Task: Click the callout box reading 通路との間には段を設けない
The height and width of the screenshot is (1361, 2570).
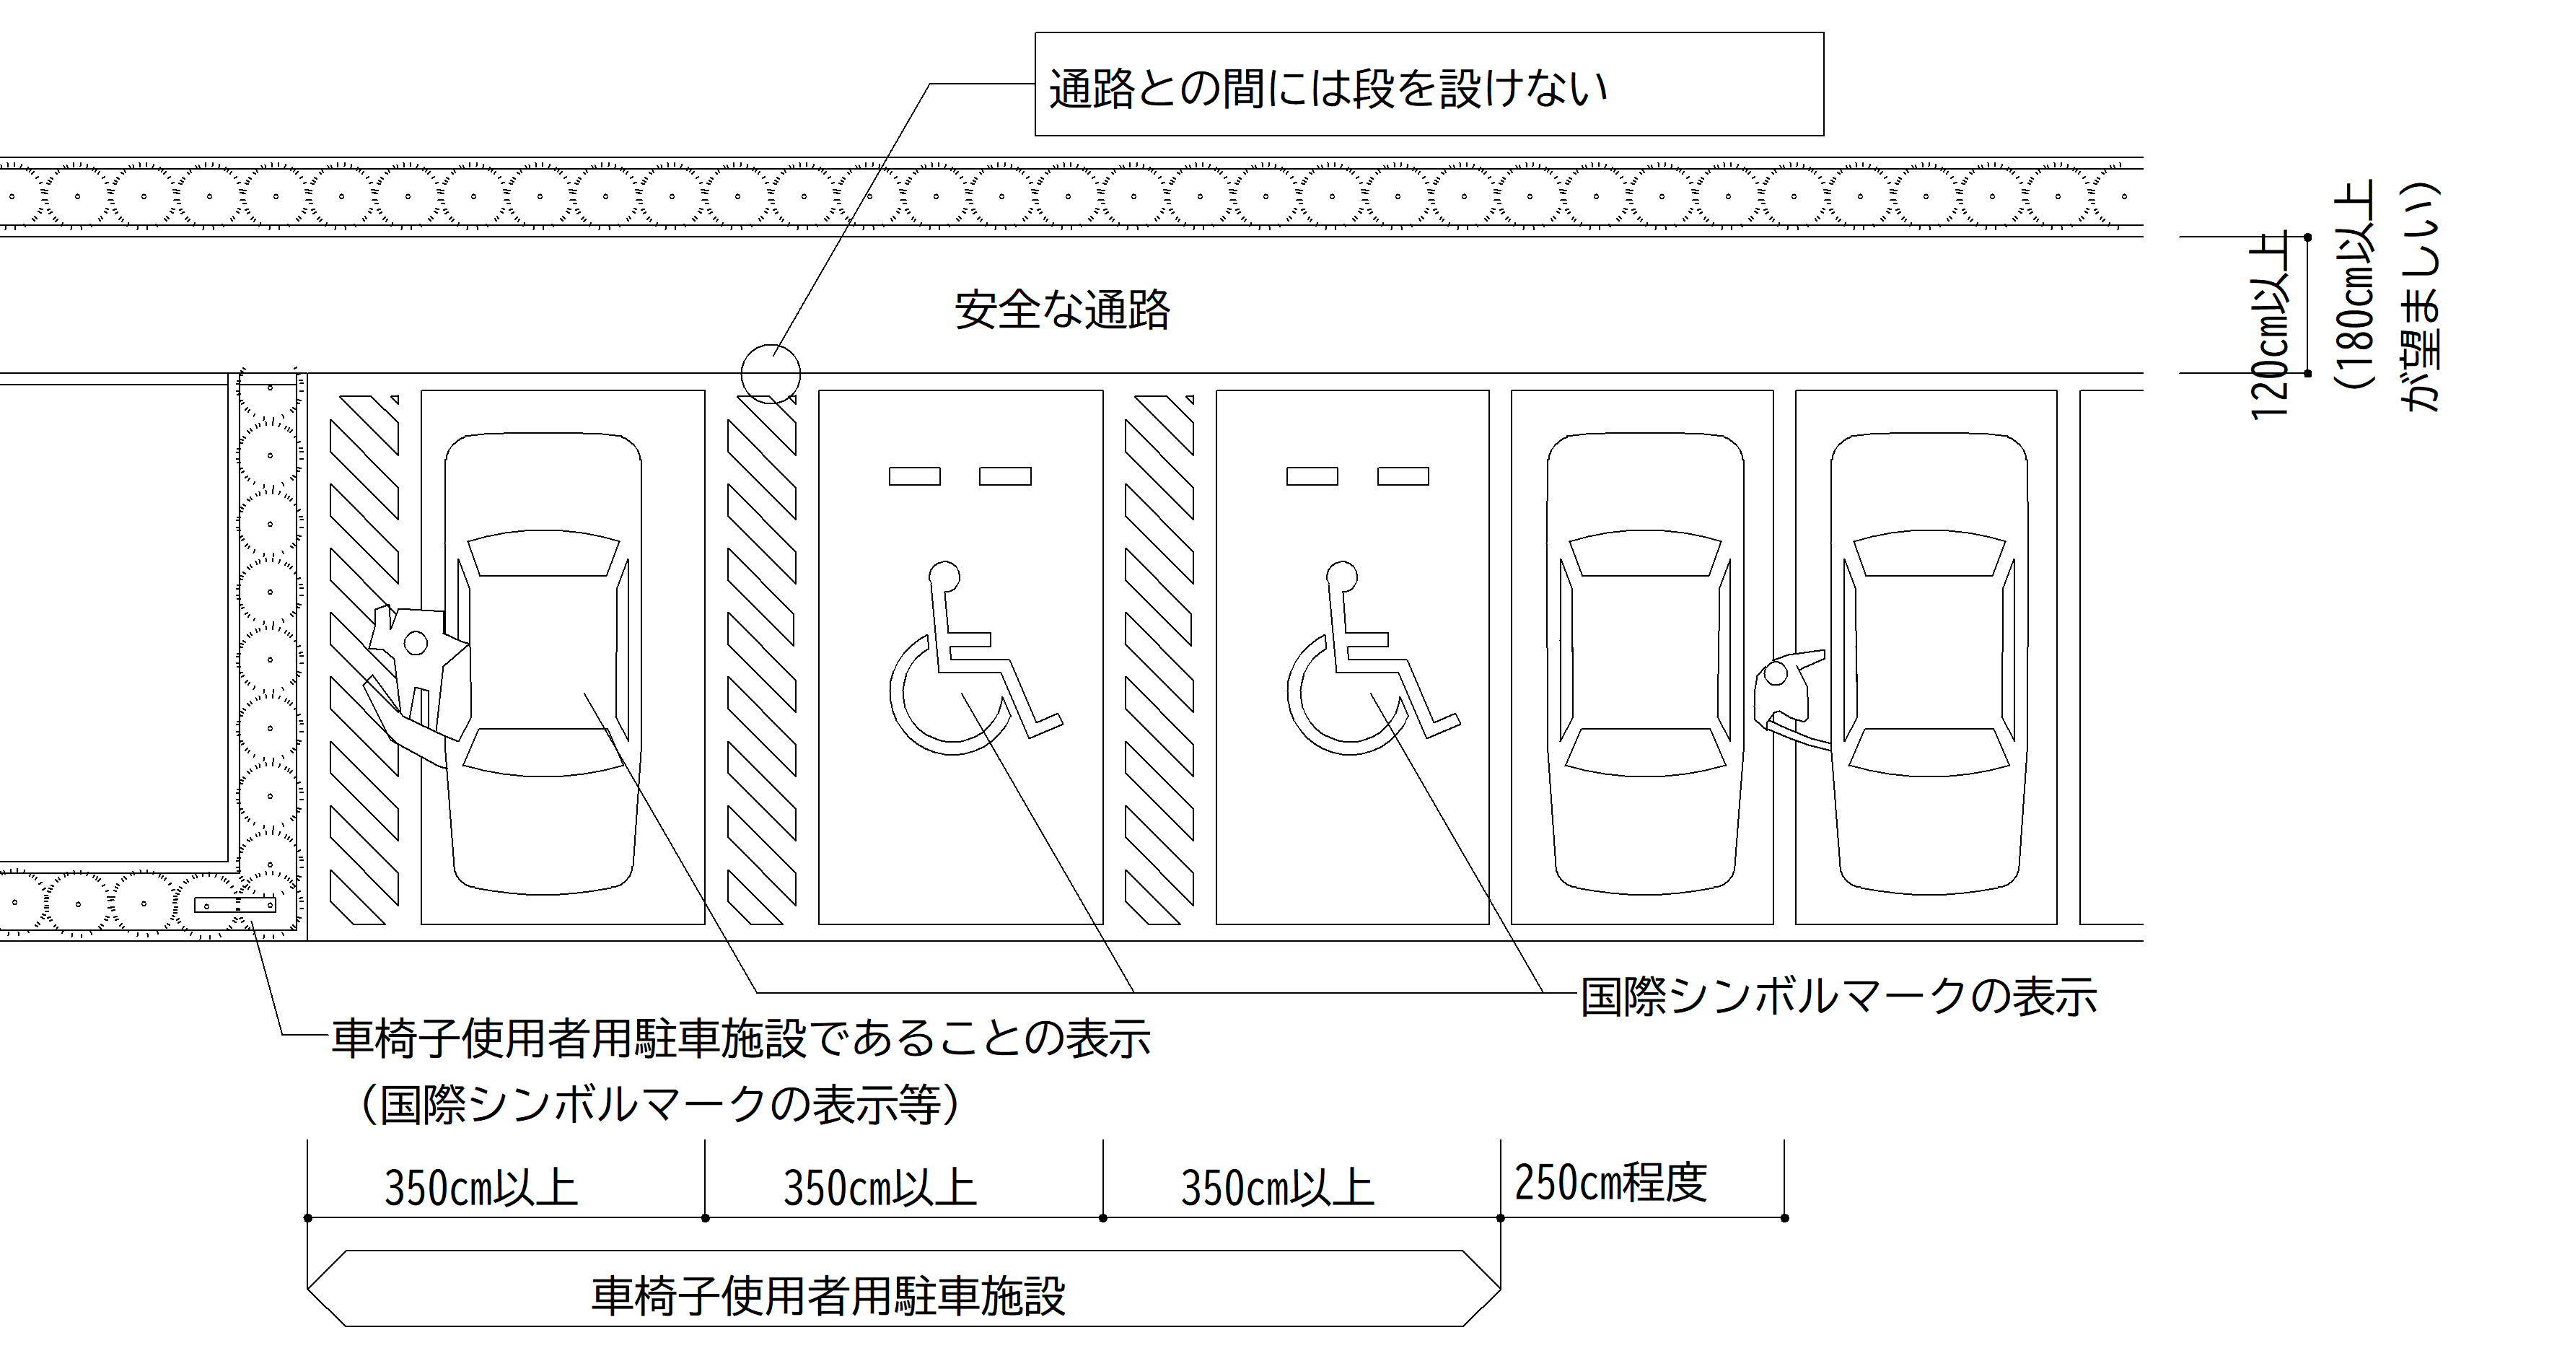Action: (1428, 85)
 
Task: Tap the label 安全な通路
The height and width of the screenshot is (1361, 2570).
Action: (1061, 310)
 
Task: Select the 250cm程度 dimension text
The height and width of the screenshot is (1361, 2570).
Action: (1610, 1182)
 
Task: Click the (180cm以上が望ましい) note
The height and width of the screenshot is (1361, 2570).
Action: (2390, 297)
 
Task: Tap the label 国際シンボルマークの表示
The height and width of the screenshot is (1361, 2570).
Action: (1838, 997)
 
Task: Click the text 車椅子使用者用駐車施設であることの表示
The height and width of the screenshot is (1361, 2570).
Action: (740, 1038)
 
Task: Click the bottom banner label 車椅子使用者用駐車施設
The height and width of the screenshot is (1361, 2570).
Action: (828, 1296)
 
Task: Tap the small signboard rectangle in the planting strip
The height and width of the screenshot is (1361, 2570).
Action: (234, 905)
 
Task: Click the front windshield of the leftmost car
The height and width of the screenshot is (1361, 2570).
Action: (543, 555)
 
